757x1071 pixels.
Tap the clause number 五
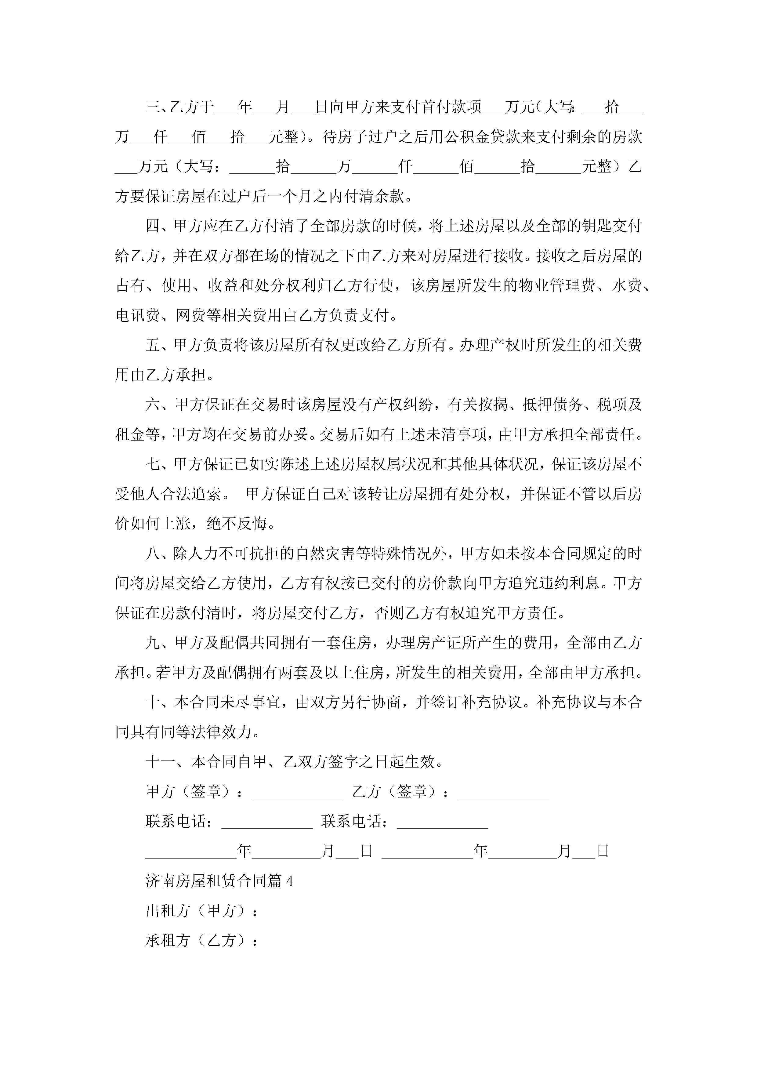(x=153, y=346)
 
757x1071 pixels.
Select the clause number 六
(x=153, y=405)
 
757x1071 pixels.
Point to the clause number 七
(x=153, y=465)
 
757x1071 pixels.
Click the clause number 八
(x=153, y=554)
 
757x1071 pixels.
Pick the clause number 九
(x=153, y=643)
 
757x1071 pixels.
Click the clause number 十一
(x=160, y=762)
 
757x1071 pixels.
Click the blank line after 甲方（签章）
(x=297, y=793)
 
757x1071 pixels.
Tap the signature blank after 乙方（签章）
(x=503, y=793)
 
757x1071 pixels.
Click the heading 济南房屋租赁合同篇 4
(x=219, y=881)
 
